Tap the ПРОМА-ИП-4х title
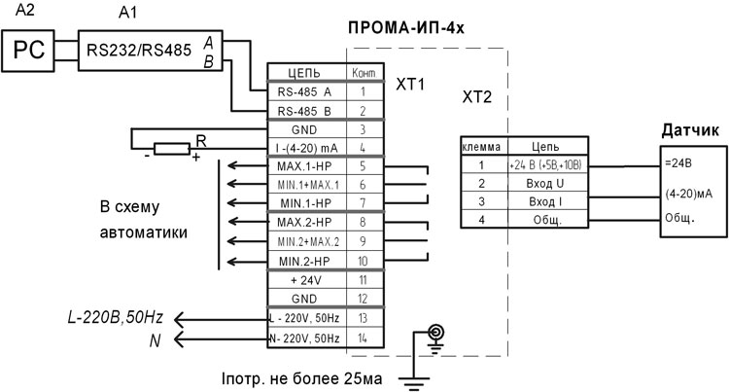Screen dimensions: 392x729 [x=405, y=28]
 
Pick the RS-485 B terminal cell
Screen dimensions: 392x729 [x=305, y=111]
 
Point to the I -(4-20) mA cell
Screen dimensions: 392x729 [x=305, y=148]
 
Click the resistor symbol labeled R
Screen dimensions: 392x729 [x=172, y=149]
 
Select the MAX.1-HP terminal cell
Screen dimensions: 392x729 [x=305, y=166]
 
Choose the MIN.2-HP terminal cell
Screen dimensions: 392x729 [x=305, y=260]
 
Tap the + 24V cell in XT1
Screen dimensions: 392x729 [x=305, y=278]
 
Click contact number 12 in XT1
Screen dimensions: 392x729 [x=362, y=298]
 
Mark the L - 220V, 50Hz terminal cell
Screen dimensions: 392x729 [x=305, y=317]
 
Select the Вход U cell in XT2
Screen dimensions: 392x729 [x=544, y=183]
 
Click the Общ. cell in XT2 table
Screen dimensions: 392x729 [x=544, y=220]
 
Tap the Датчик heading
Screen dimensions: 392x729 [x=689, y=130]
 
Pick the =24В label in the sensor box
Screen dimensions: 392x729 [x=678, y=161]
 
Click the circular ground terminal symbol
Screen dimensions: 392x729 [x=436, y=333]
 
